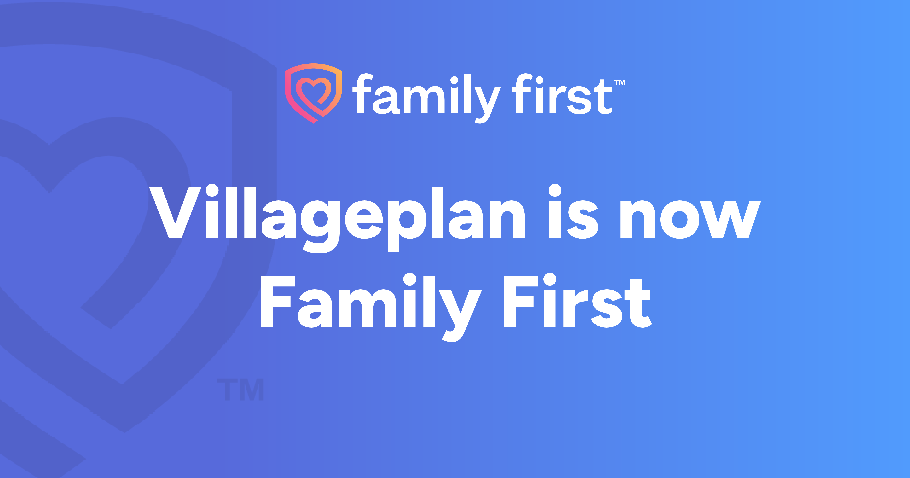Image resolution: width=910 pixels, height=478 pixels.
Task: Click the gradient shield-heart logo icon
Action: click(x=313, y=93)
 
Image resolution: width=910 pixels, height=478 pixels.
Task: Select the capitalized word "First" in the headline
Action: click(x=578, y=300)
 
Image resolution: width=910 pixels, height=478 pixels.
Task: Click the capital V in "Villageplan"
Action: click(x=175, y=212)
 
